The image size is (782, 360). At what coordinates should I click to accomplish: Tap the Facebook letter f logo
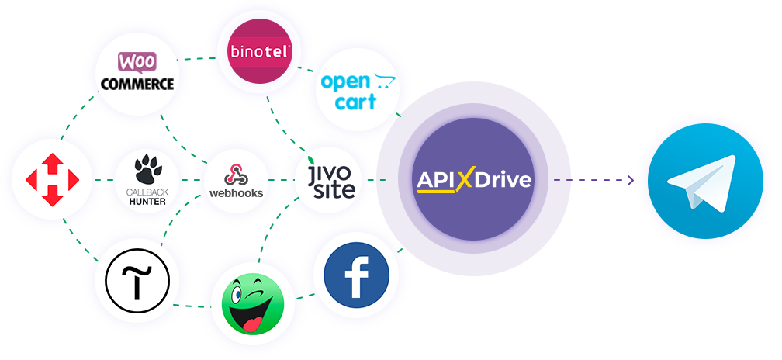357,275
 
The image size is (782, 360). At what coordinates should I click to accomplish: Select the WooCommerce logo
137,71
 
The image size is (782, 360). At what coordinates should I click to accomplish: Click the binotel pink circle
259,51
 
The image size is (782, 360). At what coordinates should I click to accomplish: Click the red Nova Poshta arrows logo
53,180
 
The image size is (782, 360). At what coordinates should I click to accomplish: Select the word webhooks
236,192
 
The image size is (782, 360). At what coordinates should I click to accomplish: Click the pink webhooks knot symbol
235,175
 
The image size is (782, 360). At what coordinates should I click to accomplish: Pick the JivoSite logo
332,178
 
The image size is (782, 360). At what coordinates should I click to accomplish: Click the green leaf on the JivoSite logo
312,160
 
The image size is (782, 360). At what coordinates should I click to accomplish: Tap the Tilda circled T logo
137,282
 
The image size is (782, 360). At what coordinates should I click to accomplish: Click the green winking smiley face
252,303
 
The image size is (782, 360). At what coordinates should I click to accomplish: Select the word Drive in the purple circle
503,180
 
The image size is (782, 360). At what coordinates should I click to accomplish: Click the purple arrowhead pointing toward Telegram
631,180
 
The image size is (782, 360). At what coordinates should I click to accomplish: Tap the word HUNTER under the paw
147,202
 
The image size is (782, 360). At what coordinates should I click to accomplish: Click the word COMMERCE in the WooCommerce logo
137,84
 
